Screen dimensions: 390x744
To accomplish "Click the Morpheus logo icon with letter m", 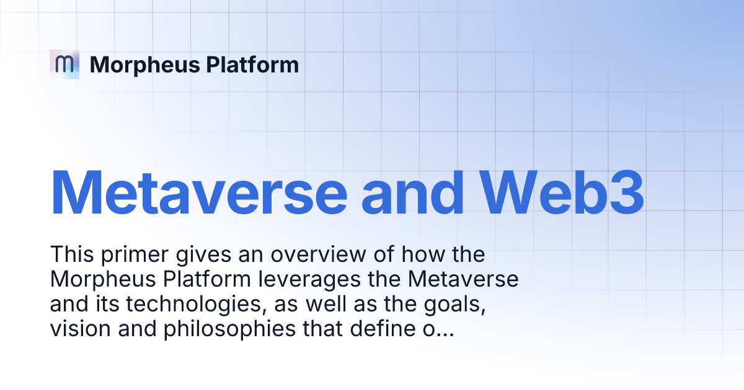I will [64, 64].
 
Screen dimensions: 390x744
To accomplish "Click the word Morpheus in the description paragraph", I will [95, 280].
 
